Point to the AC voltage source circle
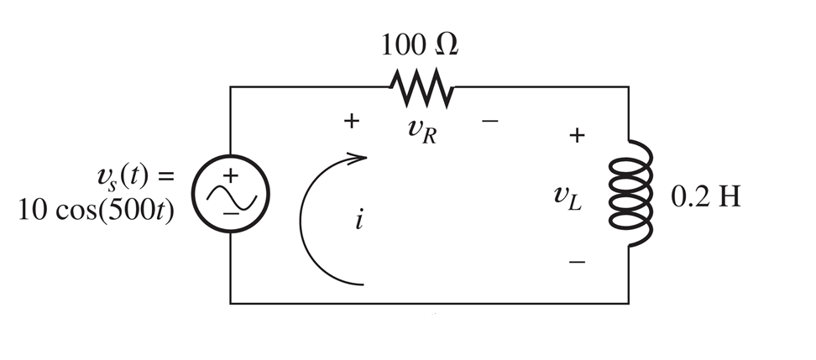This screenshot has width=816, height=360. point(230,194)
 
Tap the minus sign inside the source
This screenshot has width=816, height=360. point(230,213)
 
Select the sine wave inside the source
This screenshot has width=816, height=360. point(230,195)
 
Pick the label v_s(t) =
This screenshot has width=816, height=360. point(133,178)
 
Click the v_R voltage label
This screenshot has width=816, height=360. point(420,131)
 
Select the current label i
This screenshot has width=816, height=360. point(358,224)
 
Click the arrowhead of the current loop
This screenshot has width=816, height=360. point(361,156)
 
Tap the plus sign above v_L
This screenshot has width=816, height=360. point(576,134)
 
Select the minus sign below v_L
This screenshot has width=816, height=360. point(576,262)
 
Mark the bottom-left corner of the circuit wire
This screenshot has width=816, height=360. point(231,303)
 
